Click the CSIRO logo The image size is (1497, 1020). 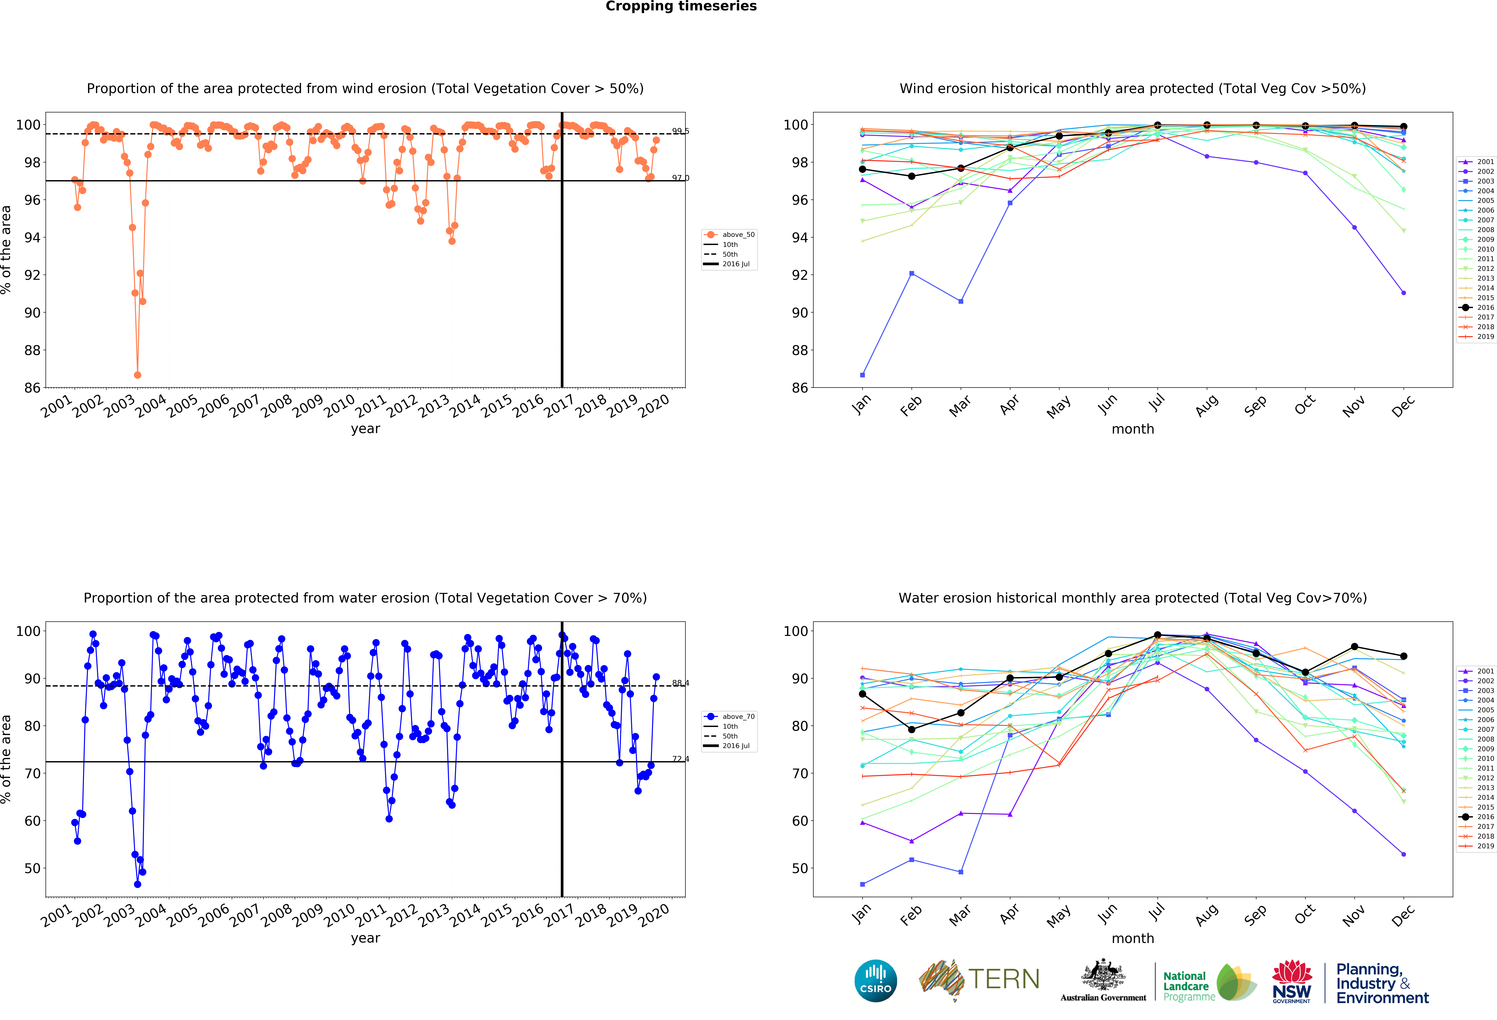(875, 981)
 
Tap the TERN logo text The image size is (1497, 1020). (1004, 979)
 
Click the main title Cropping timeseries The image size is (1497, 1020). (681, 6)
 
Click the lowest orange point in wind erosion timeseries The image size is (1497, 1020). (137, 375)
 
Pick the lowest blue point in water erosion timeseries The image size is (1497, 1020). (137, 884)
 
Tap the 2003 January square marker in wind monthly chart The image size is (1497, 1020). (862, 375)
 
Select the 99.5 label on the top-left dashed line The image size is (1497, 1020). (680, 131)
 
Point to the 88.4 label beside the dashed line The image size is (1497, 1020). (680, 683)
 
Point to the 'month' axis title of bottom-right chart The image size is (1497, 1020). (1132, 938)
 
